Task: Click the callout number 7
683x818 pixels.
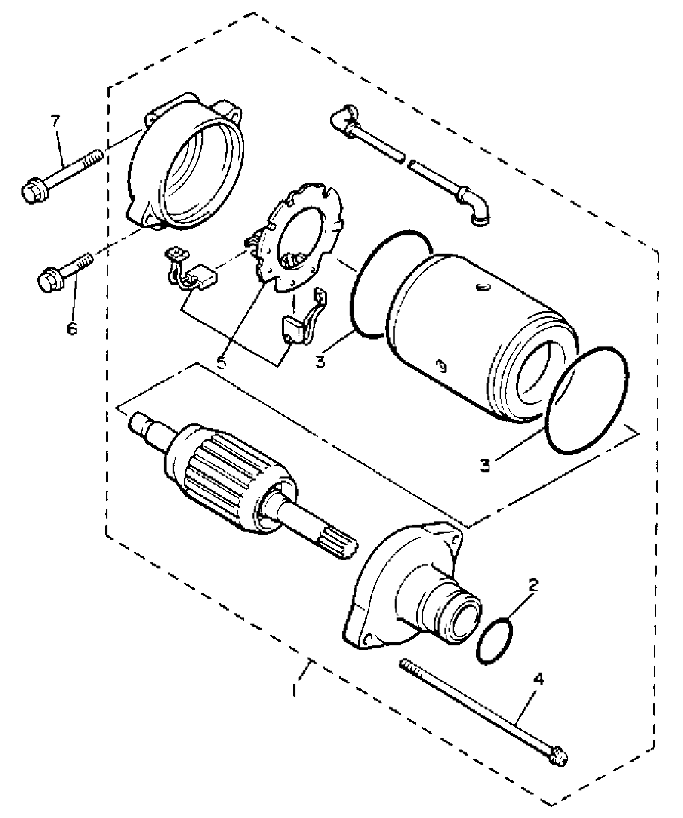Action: (x=55, y=121)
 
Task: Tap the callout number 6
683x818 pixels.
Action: (x=72, y=329)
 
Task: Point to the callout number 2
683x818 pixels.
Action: (x=533, y=585)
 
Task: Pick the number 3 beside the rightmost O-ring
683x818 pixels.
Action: (x=485, y=465)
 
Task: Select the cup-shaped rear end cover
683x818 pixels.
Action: (x=189, y=165)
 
